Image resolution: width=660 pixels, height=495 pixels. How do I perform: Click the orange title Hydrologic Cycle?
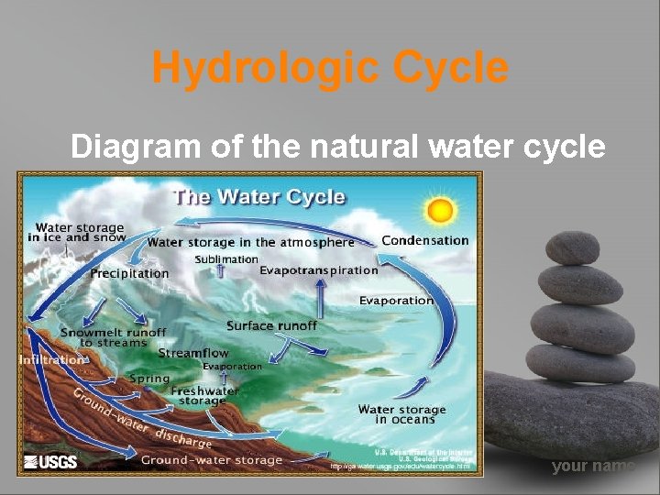pos(330,68)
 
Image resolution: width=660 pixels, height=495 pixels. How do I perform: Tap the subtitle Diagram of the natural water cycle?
pos(337,146)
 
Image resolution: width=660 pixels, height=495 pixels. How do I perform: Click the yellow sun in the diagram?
pos(442,211)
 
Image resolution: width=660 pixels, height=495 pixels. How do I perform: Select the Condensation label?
pos(424,240)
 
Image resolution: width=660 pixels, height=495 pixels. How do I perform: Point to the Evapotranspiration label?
pos(318,270)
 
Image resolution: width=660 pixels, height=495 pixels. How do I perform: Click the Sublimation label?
pos(226,259)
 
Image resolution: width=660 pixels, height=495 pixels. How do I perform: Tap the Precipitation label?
pos(129,273)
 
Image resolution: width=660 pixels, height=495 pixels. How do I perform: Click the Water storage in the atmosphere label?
pos(250,243)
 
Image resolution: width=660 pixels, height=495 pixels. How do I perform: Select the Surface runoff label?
pos(271,325)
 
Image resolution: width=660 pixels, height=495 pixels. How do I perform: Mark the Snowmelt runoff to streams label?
pos(113,337)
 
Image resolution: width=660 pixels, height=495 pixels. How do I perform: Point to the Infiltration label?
pos(52,360)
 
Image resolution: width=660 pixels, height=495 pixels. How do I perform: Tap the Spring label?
pos(149,379)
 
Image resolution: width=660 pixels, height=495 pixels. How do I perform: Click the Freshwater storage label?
pos(204,395)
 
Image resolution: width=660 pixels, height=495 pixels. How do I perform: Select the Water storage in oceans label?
pos(401,414)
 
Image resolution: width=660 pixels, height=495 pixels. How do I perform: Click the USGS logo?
pos(50,462)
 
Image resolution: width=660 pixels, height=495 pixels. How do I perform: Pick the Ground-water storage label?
pos(212,460)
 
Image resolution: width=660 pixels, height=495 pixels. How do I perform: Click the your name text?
pos(593,467)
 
